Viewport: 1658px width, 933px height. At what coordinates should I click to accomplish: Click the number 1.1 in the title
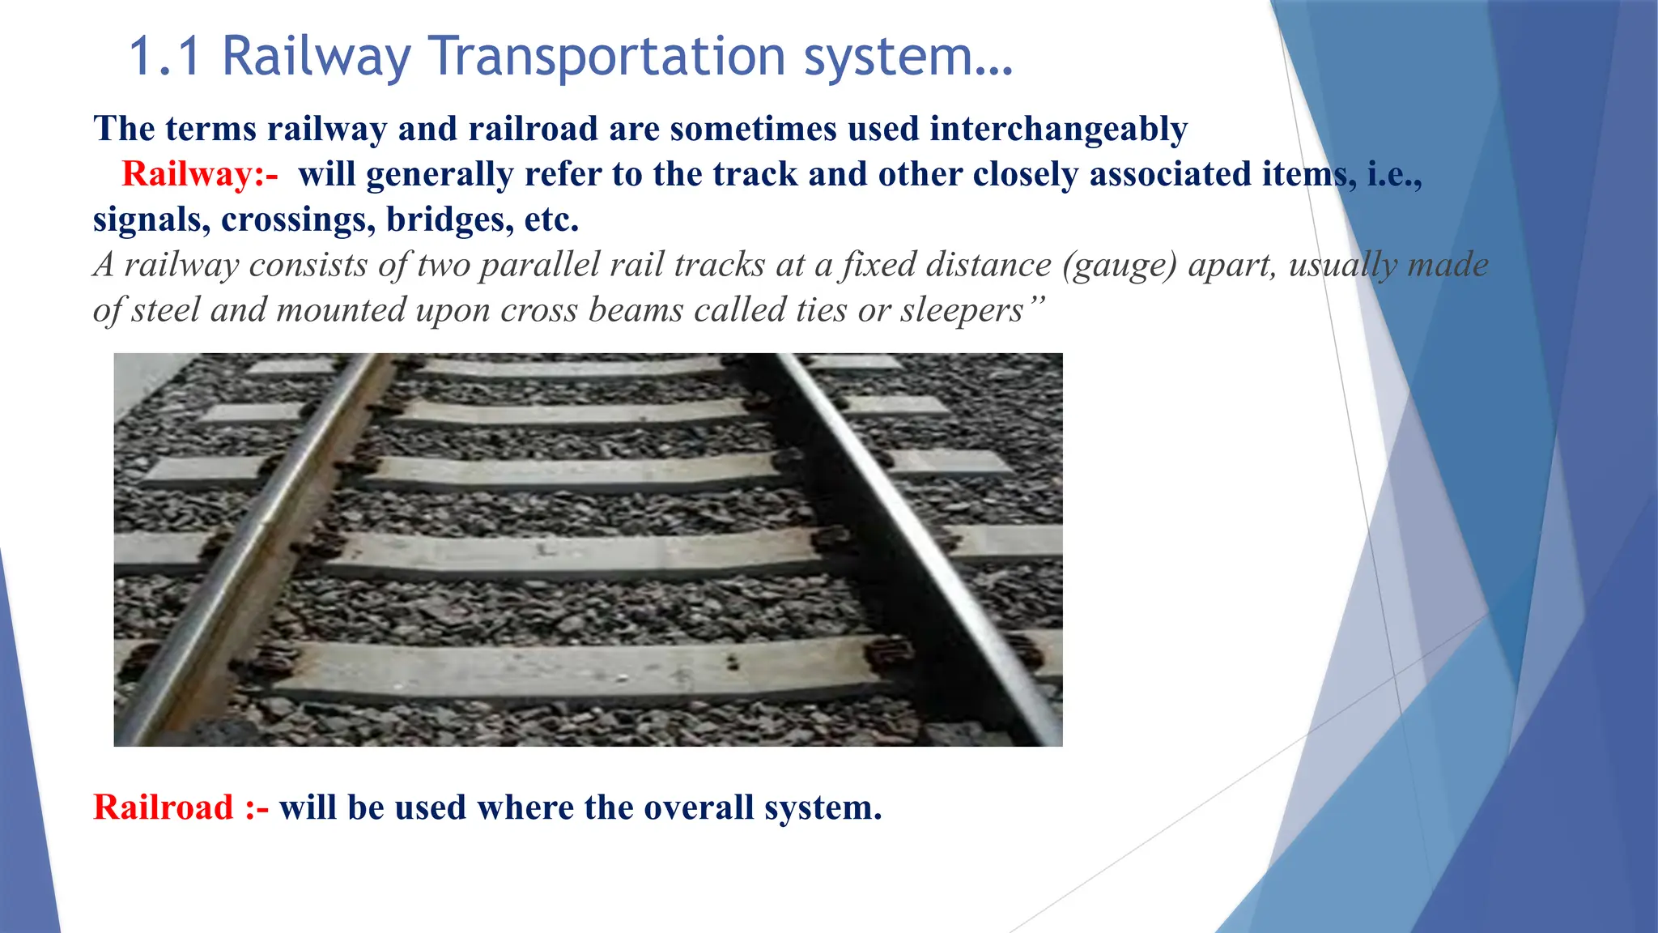tap(164, 57)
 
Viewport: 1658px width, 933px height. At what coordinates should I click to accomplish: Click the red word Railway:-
tap(199, 174)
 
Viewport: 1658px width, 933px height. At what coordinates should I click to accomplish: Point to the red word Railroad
tap(164, 807)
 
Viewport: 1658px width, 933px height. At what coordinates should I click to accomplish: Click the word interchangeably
tap(1058, 130)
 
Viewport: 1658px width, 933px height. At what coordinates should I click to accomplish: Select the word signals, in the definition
tap(151, 219)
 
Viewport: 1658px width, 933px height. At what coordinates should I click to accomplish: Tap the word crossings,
tap(298, 219)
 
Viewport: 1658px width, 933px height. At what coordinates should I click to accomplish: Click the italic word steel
tap(166, 310)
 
